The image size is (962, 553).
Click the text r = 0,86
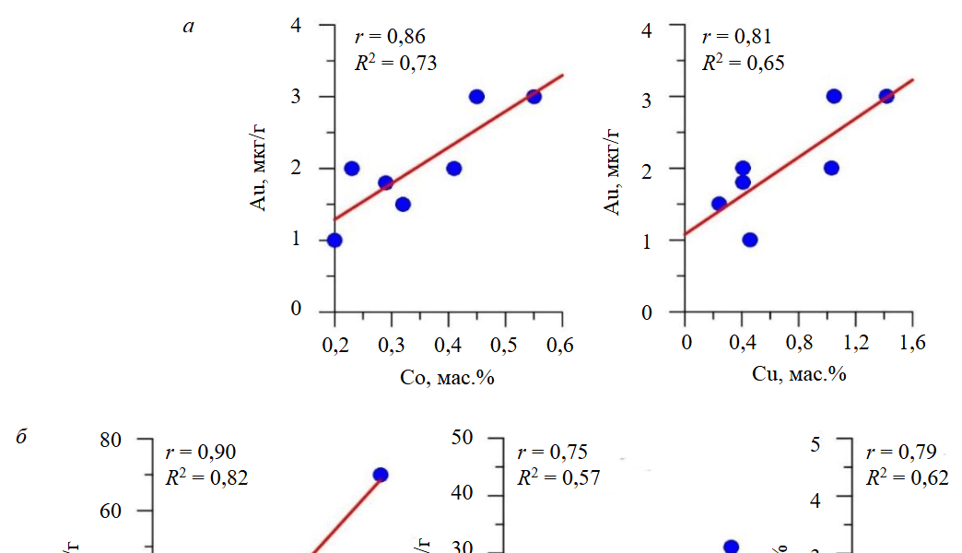tap(390, 37)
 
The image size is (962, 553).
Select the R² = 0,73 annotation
tap(395, 64)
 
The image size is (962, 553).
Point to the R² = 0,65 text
tap(743, 64)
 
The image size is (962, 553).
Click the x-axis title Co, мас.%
tap(448, 378)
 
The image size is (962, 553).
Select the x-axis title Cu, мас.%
tap(799, 374)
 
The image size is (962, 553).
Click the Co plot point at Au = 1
tap(334, 241)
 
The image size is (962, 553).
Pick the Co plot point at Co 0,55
tap(534, 97)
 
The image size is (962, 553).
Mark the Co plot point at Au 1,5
tap(403, 204)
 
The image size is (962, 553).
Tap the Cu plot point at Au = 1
tap(750, 241)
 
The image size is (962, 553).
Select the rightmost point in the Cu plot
tap(886, 96)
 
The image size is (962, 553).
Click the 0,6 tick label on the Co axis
tap(560, 346)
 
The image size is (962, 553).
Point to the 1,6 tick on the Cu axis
tap(912, 343)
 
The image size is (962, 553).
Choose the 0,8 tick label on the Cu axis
tap(799, 343)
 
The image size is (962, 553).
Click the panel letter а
tap(190, 27)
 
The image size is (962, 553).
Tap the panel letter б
tap(23, 437)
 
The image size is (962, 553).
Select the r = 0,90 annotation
tap(200, 452)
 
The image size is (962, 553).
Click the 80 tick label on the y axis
tap(111, 440)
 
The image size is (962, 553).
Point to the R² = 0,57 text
tap(558, 477)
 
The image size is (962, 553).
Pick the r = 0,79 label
tap(901, 452)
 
